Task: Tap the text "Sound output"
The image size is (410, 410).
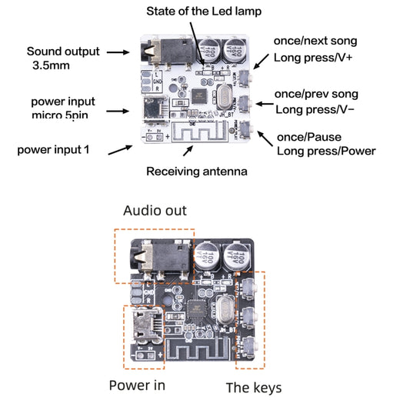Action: pyautogui.click(x=63, y=52)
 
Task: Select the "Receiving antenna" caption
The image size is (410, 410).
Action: pyautogui.click(x=196, y=172)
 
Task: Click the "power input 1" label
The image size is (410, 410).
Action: pyautogui.click(x=53, y=149)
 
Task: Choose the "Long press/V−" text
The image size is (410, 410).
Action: pyautogui.click(x=314, y=109)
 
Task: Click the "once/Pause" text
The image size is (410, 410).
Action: pyautogui.click(x=305, y=135)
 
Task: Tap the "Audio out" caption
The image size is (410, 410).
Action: pyautogui.click(x=155, y=211)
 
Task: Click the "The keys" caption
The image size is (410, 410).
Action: pyautogui.click(x=253, y=387)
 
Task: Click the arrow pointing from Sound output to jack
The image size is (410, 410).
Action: pyautogui.click(x=117, y=52)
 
